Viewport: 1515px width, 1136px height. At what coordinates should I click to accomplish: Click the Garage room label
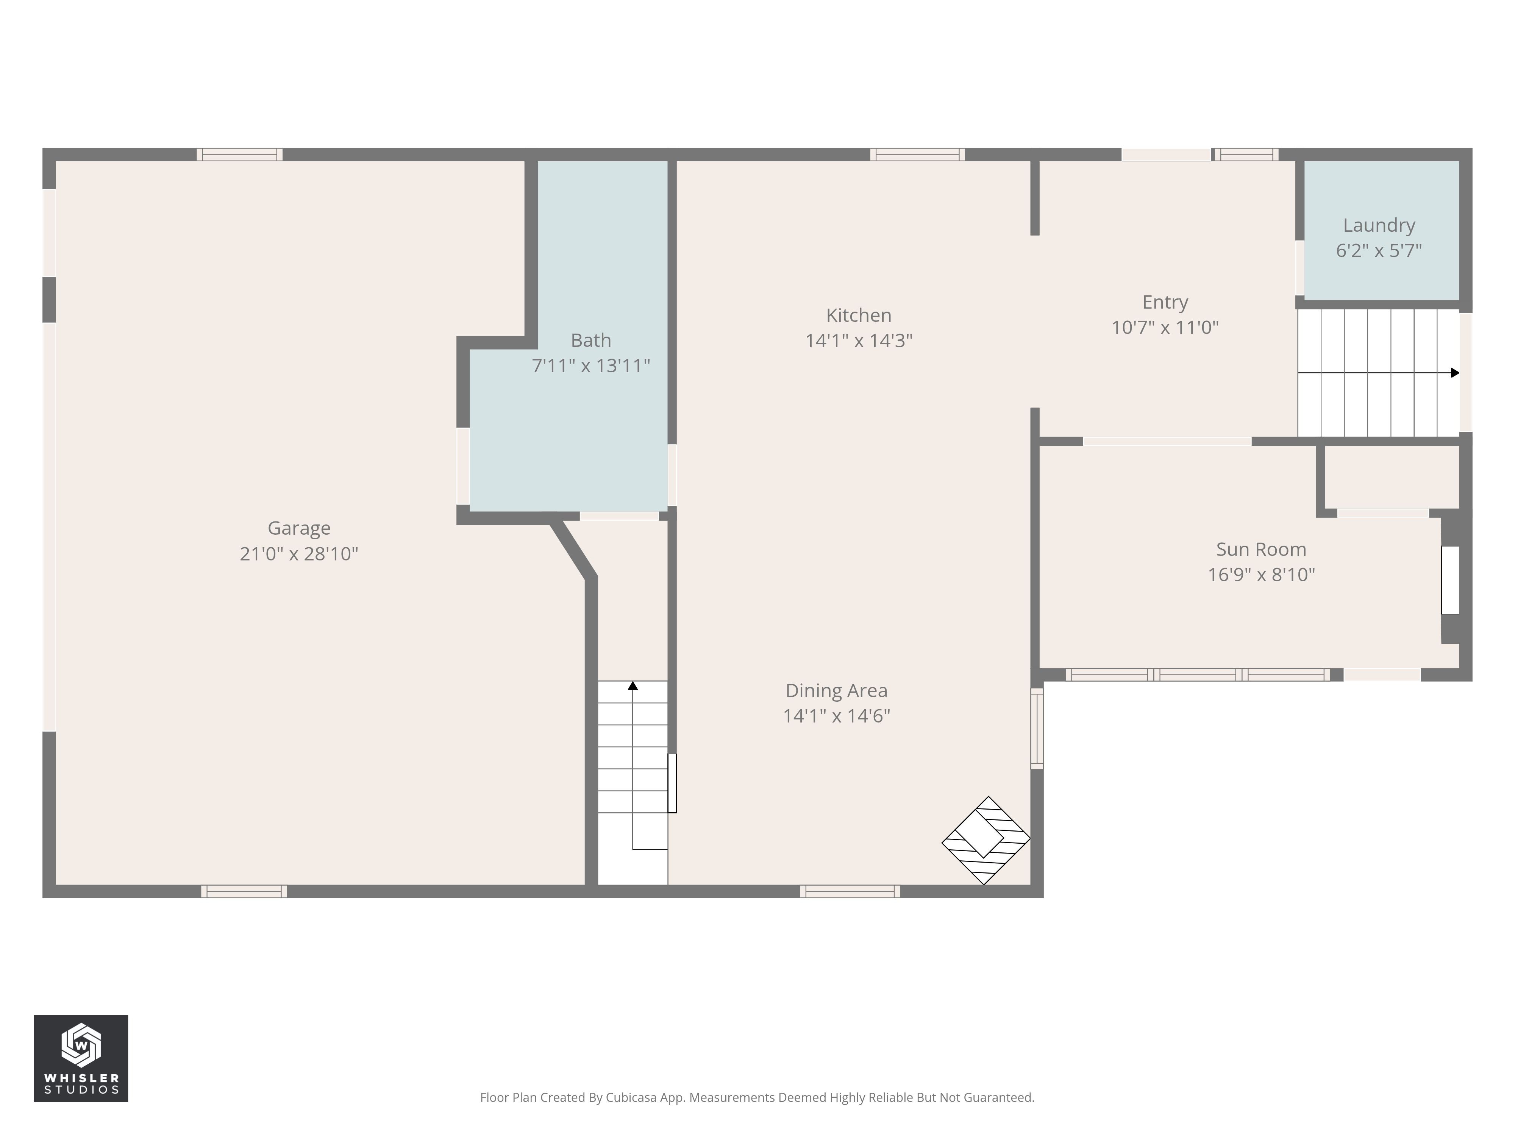(298, 528)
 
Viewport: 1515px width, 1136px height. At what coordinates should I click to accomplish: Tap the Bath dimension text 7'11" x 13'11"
(591, 366)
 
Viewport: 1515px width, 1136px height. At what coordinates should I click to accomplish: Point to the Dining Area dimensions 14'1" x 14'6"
(836, 716)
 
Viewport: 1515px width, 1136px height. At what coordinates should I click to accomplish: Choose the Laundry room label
(1379, 225)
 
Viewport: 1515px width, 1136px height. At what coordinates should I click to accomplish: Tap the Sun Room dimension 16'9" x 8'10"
(1261, 574)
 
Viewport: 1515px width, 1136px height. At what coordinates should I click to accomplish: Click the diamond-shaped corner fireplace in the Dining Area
(986, 840)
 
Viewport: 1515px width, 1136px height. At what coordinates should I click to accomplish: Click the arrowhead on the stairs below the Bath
(633, 685)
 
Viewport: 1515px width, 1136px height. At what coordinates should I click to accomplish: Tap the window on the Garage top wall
(240, 154)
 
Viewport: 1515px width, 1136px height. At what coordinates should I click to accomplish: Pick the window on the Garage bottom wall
(244, 891)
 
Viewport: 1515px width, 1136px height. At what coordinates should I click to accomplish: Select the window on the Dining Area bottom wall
(850, 891)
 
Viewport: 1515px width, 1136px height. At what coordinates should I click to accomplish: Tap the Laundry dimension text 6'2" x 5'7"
(1379, 251)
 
